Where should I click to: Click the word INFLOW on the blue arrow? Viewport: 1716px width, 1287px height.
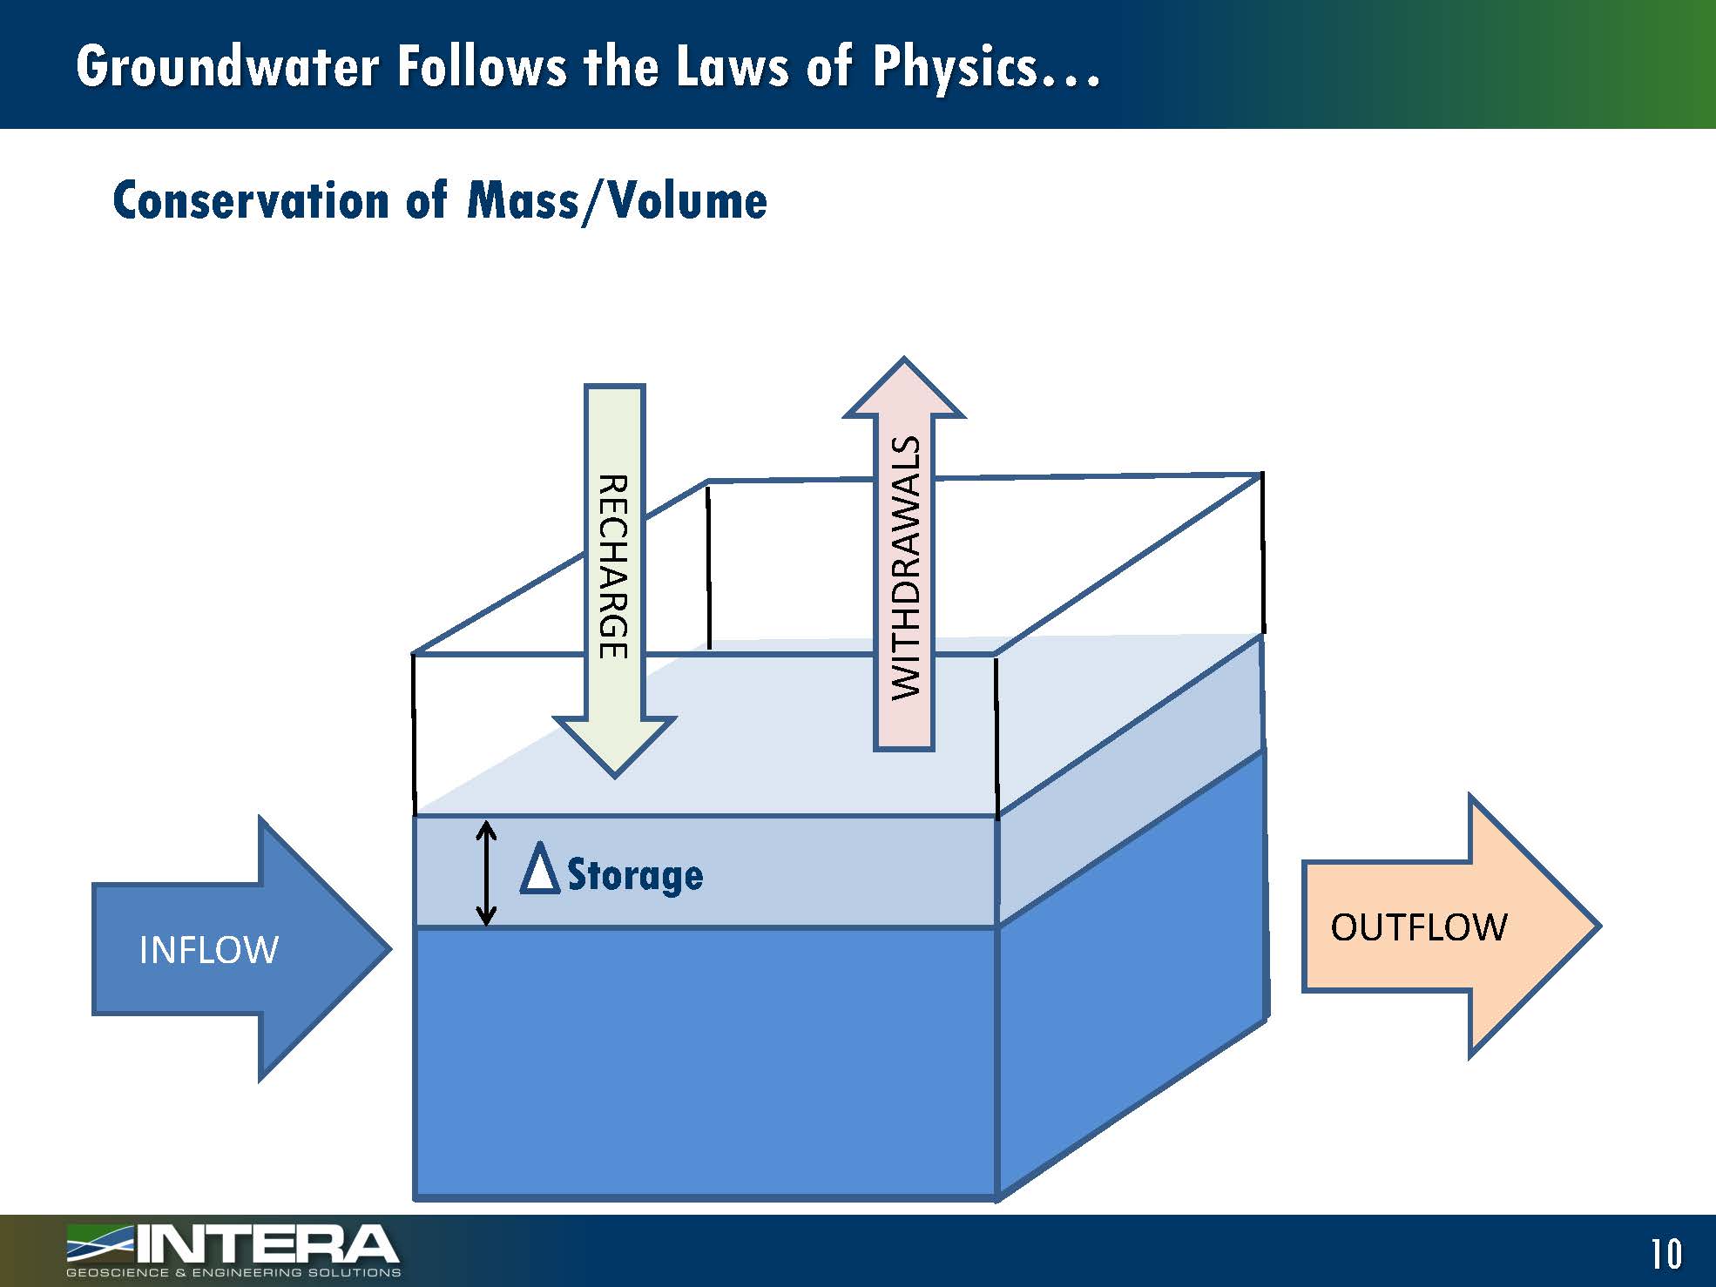pos(209,950)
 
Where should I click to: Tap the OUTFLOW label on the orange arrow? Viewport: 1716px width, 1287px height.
pos(1418,927)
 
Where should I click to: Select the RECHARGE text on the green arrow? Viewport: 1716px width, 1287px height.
pos(613,566)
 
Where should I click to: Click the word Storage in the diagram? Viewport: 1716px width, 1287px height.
pos(635,874)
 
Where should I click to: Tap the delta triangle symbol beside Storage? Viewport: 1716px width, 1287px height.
pos(539,869)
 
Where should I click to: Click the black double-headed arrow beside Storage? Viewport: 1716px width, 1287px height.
pos(486,873)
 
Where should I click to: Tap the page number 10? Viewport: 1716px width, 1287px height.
pos(1665,1254)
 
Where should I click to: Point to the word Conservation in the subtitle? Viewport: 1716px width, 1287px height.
pos(251,200)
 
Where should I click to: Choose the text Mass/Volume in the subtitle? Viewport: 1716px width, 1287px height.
pos(617,201)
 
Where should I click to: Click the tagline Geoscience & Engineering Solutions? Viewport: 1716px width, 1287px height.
pos(233,1273)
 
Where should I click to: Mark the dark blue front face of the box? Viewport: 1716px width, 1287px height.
pos(706,1062)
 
